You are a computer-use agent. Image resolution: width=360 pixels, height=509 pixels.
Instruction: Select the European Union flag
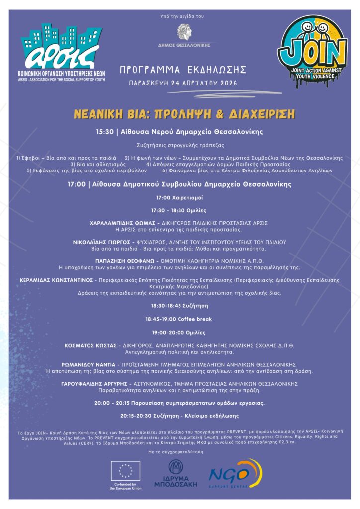click(x=125, y=470)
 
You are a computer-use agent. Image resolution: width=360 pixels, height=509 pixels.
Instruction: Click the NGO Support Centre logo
click(x=235, y=474)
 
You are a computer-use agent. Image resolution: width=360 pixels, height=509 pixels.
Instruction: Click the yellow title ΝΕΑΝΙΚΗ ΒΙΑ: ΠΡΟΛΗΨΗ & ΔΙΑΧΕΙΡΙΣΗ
click(x=184, y=114)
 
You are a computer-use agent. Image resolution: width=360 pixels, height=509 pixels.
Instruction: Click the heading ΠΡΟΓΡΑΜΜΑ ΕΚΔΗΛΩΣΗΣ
click(x=183, y=70)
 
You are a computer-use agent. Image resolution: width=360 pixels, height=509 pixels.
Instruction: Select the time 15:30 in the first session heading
click(x=105, y=132)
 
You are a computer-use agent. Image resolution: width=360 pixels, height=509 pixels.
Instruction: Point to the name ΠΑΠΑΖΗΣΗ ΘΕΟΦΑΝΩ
click(x=125, y=260)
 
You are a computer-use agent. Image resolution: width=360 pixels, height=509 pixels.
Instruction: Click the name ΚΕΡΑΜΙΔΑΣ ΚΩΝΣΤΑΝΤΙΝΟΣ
click(x=56, y=280)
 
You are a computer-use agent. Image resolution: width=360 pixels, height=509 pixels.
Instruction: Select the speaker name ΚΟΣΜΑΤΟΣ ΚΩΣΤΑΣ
click(x=90, y=345)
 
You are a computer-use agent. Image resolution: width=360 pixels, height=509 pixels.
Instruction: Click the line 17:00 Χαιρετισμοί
click(x=180, y=198)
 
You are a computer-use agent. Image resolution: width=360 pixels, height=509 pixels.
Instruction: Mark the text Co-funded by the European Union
click(x=125, y=486)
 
